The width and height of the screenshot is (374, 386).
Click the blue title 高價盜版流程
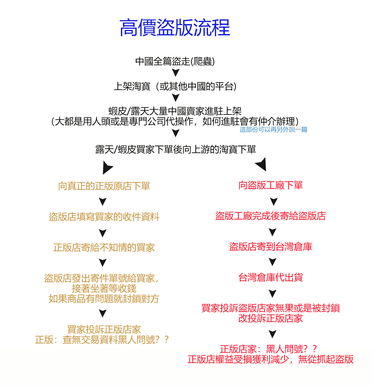175,27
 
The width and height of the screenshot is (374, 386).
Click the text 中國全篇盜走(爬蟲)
175,61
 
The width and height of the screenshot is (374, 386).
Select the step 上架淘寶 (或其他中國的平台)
175,86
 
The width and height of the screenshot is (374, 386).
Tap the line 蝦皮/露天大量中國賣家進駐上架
175,111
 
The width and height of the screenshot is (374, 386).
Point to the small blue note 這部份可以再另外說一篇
273,130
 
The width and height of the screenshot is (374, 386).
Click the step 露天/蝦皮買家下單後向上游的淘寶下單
175,149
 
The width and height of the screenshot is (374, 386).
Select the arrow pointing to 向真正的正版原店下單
107,168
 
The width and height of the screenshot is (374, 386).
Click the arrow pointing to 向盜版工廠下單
261,164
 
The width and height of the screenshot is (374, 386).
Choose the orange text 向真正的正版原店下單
104,186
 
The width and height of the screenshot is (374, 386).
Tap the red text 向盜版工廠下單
271,185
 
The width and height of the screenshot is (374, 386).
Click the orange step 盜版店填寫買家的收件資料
104,217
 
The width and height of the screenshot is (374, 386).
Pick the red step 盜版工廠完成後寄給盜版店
271,216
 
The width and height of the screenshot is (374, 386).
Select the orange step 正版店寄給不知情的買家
104,248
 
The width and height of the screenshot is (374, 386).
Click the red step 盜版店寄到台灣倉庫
271,247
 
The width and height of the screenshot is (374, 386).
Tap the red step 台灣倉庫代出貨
271,277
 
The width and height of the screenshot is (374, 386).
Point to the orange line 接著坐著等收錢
104,289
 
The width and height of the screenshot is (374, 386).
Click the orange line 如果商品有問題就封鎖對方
104,299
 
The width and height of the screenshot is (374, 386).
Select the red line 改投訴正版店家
271,318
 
